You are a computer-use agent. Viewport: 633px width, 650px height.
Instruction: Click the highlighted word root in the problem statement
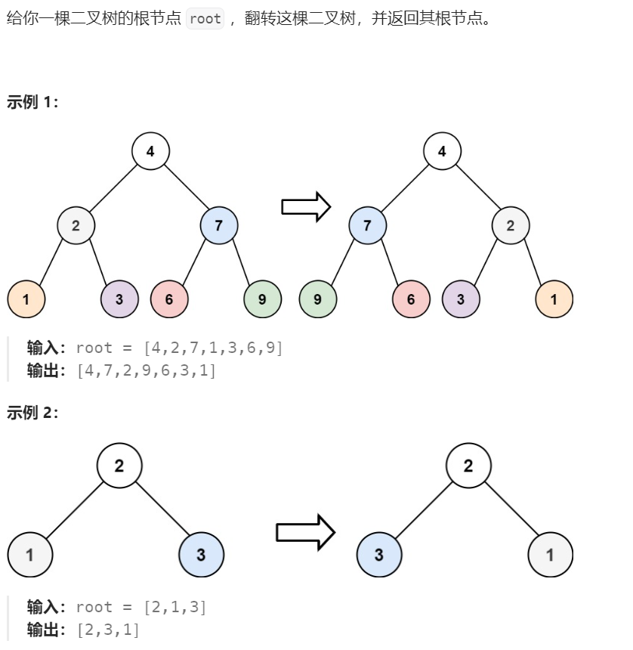click(205, 19)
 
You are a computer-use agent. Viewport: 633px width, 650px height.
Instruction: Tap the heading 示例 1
click(32, 102)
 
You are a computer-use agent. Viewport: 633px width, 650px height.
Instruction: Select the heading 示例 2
click(32, 412)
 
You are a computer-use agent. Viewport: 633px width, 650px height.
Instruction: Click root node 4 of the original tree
click(150, 151)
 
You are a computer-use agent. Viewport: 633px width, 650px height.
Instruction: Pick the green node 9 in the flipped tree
click(317, 299)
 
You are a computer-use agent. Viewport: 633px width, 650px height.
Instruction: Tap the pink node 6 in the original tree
click(168, 299)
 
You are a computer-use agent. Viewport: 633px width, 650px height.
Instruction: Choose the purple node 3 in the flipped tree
click(461, 299)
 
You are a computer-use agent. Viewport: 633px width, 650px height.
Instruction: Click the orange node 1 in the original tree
click(26, 299)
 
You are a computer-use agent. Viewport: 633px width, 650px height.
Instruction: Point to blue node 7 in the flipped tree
click(368, 225)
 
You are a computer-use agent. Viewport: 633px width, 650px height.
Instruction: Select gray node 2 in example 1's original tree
click(76, 225)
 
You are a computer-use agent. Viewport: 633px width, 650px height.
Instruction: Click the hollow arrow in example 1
click(306, 206)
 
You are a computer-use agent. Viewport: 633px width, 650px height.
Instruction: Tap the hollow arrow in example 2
click(304, 532)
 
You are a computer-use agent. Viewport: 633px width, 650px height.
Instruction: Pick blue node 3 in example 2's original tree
click(201, 555)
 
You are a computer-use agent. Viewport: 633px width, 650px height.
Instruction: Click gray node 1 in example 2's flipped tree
click(550, 555)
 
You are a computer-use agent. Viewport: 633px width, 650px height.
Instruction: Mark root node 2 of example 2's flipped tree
click(468, 466)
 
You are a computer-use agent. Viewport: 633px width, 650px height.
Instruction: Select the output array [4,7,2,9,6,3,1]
click(146, 371)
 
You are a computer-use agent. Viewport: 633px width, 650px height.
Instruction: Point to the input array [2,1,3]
click(174, 607)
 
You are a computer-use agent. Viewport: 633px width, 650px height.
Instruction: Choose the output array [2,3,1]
click(108, 630)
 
